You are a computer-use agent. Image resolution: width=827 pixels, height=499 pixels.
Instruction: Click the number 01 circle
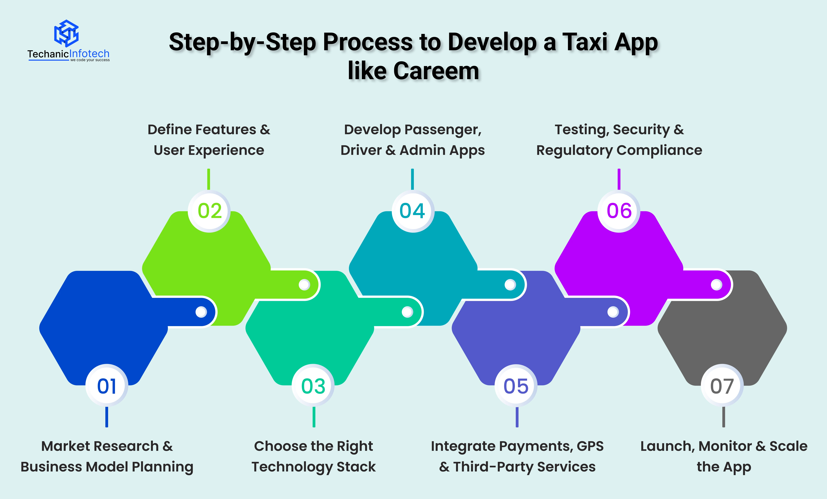107,386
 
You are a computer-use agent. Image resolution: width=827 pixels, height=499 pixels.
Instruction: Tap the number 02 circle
210,211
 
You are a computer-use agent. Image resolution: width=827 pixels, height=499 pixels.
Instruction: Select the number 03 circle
313,386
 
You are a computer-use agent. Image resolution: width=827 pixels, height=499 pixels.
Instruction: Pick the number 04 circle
412,211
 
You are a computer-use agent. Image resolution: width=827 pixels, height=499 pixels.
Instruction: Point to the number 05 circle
516,386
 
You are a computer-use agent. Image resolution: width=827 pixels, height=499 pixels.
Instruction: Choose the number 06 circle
619,211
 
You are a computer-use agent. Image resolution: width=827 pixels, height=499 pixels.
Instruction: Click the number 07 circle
722,386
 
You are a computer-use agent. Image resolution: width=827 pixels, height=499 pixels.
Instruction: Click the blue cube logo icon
66,33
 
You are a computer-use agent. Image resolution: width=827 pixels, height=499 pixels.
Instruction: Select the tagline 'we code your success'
90,60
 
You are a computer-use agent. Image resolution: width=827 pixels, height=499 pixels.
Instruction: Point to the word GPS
590,446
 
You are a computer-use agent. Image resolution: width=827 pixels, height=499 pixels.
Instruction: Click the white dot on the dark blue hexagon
201,312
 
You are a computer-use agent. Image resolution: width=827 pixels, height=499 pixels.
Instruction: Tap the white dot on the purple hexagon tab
716,285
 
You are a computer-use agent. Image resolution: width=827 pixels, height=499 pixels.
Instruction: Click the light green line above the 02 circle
209,179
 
